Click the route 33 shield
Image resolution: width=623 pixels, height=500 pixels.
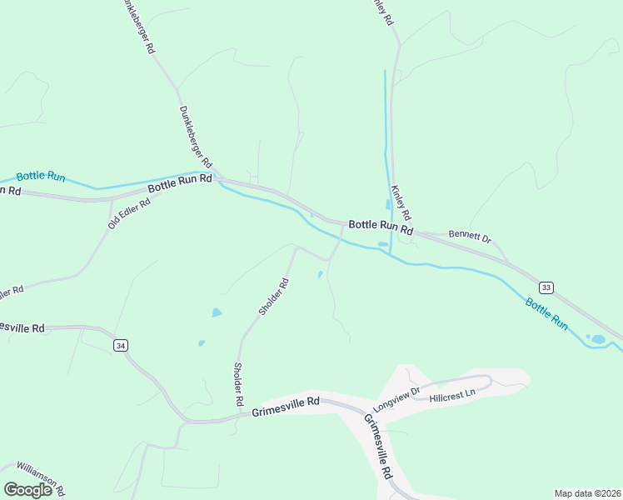tap(546, 287)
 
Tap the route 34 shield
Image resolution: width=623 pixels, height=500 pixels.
tap(121, 345)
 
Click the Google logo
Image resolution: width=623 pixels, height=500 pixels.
tap(28, 490)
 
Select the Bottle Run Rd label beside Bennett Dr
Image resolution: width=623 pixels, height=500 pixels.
tap(381, 226)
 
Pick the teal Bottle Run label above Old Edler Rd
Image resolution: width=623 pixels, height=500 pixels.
tap(41, 176)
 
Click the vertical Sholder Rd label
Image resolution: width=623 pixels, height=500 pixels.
tap(238, 384)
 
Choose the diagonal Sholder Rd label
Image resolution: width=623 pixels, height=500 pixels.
tap(273, 296)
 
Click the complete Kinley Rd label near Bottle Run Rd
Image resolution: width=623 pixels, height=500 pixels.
tap(401, 202)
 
